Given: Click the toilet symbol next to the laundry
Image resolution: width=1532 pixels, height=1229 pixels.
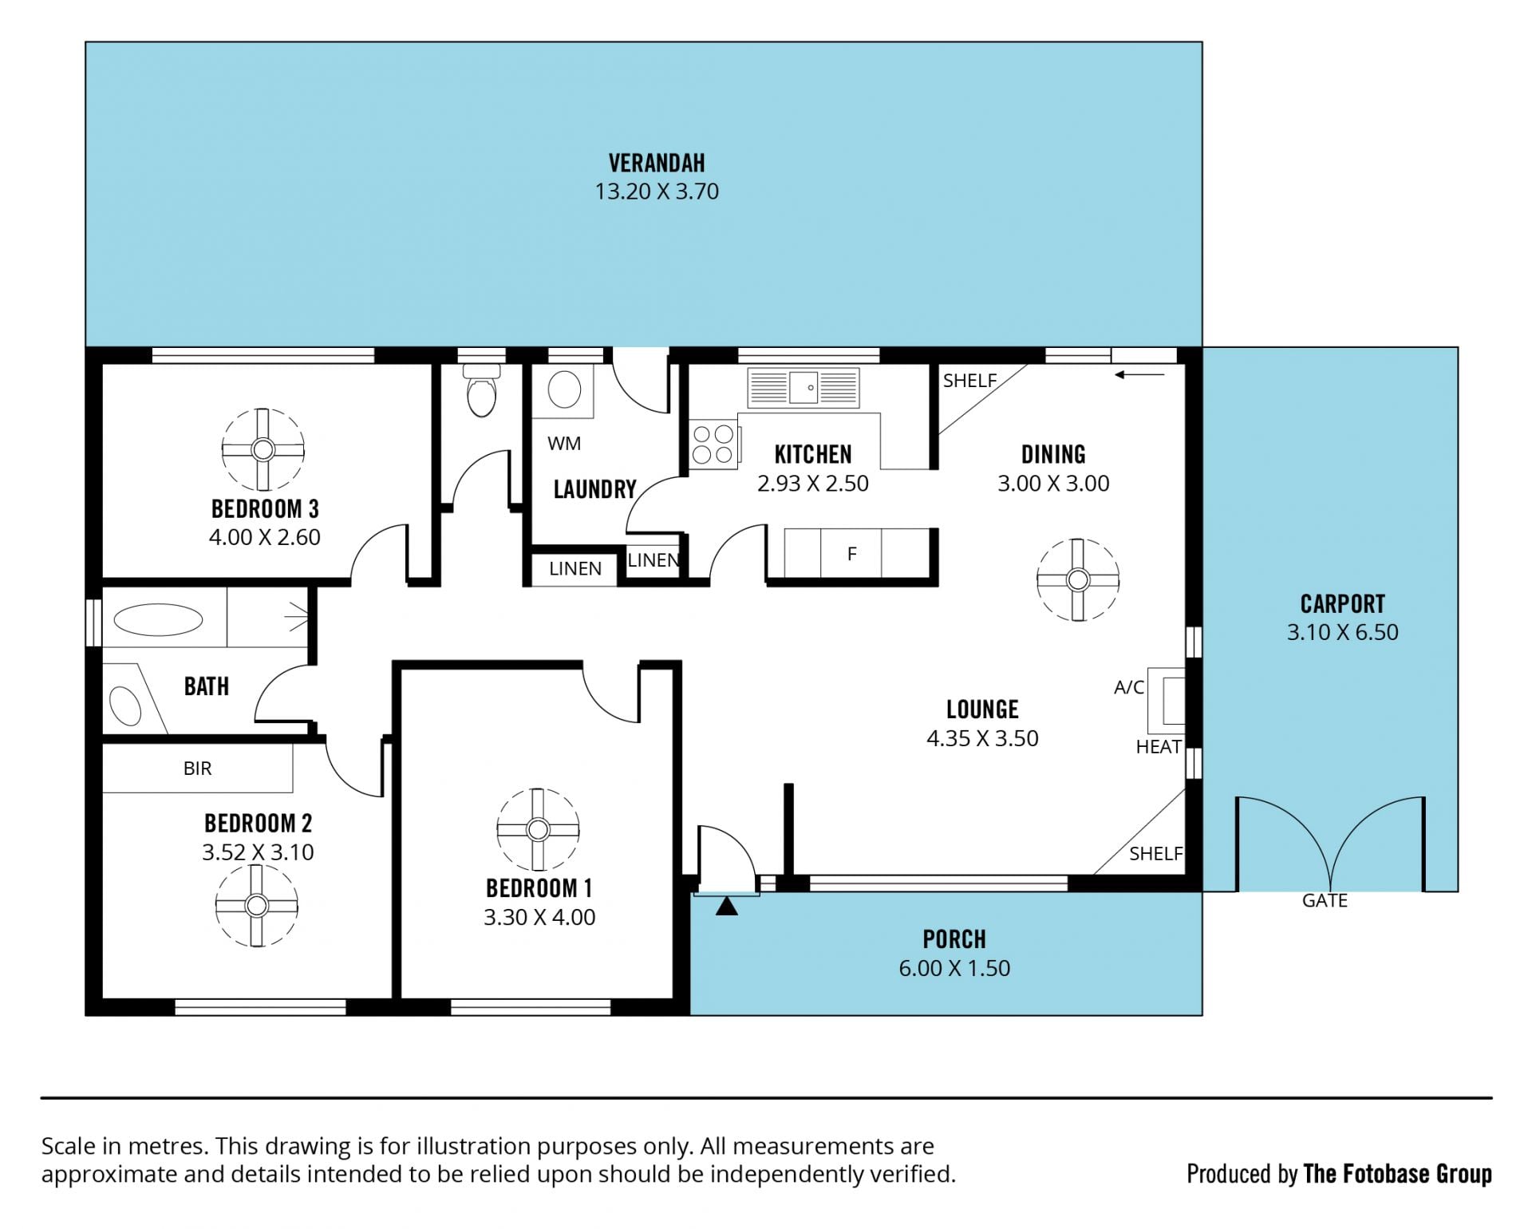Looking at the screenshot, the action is pyautogui.click(x=481, y=390).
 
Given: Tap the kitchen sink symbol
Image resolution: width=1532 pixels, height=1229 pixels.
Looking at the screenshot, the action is pyautogui.click(x=804, y=388).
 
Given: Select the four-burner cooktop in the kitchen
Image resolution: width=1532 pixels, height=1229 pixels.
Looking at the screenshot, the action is pyautogui.click(x=713, y=445).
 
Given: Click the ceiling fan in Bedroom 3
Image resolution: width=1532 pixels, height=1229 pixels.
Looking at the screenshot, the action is pyautogui.click(x=263, y=449).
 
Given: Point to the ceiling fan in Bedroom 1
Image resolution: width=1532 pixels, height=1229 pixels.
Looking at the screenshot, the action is pyautogui.click(x=538, y=830).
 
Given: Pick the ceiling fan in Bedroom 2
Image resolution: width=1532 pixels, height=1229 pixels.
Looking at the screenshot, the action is pyautogui.click(x=256, y=906).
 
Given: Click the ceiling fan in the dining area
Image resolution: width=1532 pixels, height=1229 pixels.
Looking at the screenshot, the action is pyautogui.click(x=1078, y=579).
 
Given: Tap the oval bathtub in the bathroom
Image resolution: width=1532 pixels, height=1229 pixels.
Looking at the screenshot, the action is pyautogui.click(x=158, y=619).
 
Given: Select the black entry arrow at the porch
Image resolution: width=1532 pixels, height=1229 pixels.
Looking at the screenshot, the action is pyautogui.click(x=726, y=907).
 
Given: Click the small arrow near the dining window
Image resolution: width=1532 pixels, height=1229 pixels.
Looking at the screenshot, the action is pyautogui.click(x=1139, y=374).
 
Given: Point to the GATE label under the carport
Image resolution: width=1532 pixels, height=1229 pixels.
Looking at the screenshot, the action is pyautogui.click(x=1325, y=900).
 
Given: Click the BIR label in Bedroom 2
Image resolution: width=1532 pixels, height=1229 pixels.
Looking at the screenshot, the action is pyautogui.click(x=197, y=769).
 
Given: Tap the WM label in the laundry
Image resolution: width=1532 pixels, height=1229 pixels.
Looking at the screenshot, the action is pyautogui.click(x=564, y=444).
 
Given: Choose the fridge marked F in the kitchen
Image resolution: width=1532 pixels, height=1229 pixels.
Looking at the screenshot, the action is pyautogui.click(x=851, y=552).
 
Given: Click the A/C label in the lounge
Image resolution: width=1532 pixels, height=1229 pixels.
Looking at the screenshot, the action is pyautogui.click(x=1129, y=687).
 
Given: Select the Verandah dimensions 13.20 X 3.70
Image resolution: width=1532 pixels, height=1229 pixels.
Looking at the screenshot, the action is pyautogui.click(x=657, y=192).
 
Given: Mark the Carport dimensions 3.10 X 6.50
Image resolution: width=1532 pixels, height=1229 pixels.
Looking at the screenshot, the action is pyautogui.click(x=1342, y=632).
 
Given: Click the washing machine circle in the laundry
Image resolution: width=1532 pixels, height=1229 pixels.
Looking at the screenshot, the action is pyautogui.click(x=565, y=389).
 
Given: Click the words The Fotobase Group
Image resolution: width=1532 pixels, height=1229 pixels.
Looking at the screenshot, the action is pyautogui.click(x=1397, y=1174).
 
